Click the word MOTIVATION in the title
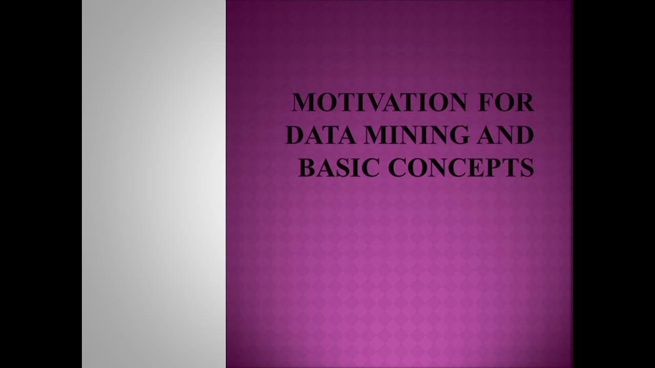(x=379, y=102)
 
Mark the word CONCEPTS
(x=461, y=168)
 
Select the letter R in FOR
(x=525, y=102)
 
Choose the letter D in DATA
(x=296, y=135)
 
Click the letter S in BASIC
(x=347, y=168)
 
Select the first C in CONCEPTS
(x=397, y=168)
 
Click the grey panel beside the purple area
(x=154, y=184)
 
